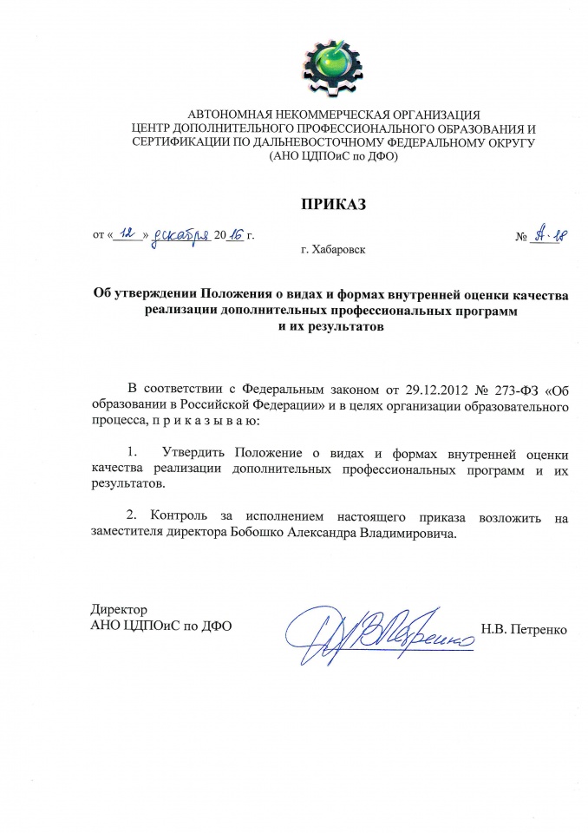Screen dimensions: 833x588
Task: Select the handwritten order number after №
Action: point(546,233)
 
